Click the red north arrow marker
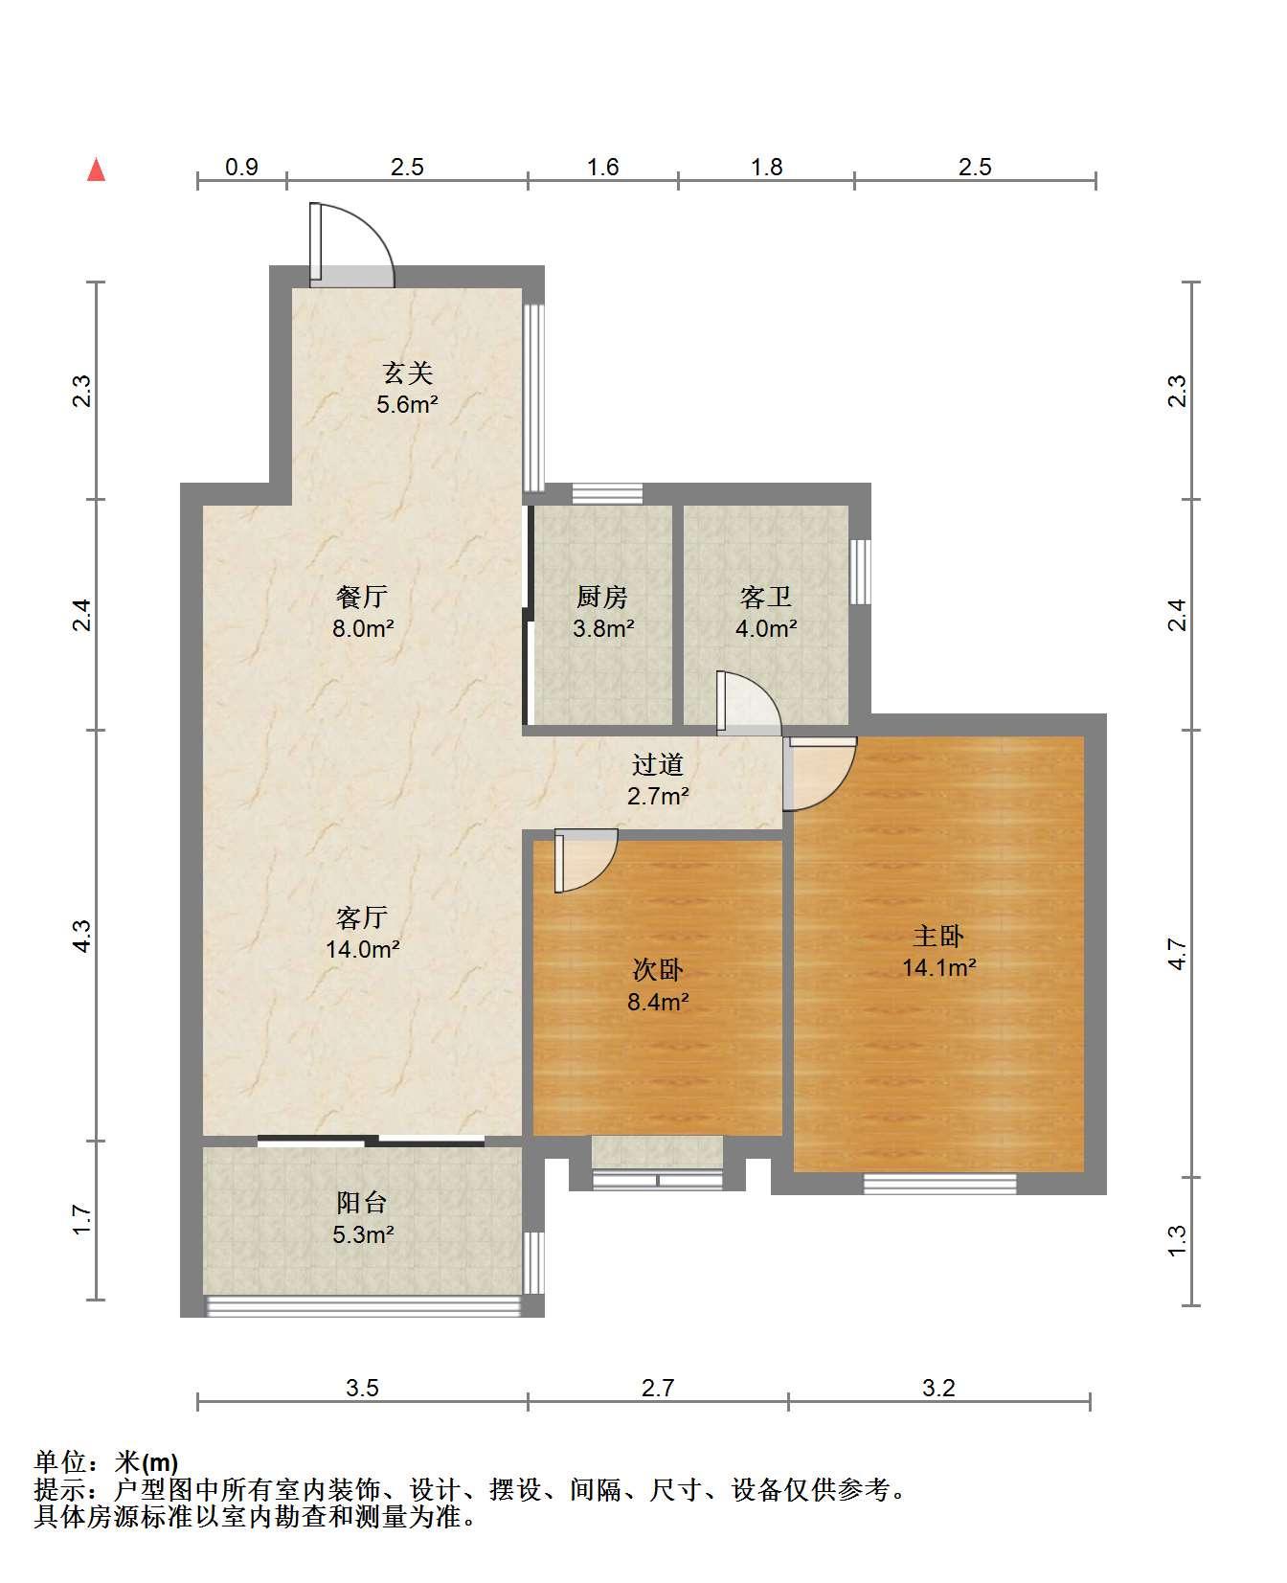pos(96,170)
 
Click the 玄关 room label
pos(408,372)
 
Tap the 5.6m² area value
pos(407,404)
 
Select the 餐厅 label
pos(362,597)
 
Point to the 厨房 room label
pos(602,597)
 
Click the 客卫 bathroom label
pos(766,597)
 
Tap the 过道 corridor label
pos(658,764)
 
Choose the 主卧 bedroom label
pos(938,936)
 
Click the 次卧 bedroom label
pos(658,970)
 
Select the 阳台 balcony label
pos(362,1202)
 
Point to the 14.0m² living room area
pos(362,949)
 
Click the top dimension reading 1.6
pos(602,167)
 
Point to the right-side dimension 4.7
pos(1178,953)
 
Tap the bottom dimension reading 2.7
pos(658,1388)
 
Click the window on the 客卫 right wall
pos(860,572)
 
